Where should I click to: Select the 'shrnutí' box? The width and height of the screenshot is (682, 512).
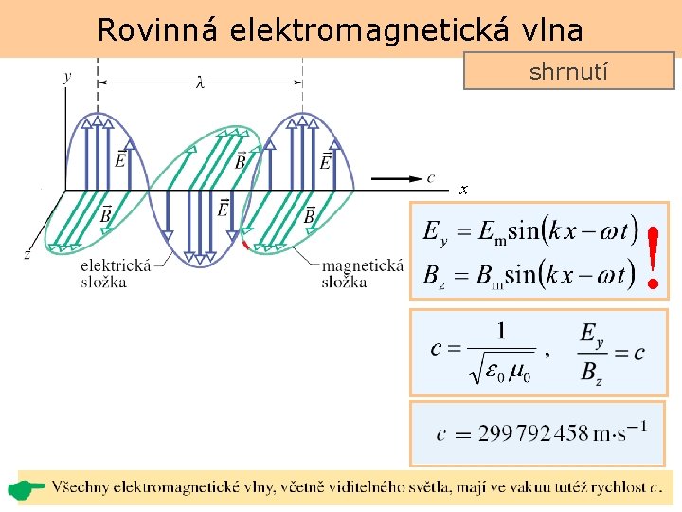click(x=568, y=71)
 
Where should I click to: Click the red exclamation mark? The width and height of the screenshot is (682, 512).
click(x=653, y=256)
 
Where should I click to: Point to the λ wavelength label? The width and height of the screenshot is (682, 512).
click(x=200, y=82)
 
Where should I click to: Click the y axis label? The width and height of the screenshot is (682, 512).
click(x=66, y=77)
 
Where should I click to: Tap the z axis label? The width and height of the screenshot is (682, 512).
click(x=27, y=254)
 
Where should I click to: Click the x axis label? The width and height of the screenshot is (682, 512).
click(x=463, y=190)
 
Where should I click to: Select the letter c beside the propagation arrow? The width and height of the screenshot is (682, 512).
click(x=431, y=176)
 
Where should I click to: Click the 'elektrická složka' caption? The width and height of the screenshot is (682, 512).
click(x=116, y=273)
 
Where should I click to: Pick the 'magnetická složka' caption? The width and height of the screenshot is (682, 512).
click(x=362, y=273)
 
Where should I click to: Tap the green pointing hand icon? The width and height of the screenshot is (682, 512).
click(x=27, y=489)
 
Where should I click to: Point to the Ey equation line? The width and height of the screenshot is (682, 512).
click(x=527, y=230)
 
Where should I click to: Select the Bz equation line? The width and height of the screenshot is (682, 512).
click(x=527, y=275)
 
